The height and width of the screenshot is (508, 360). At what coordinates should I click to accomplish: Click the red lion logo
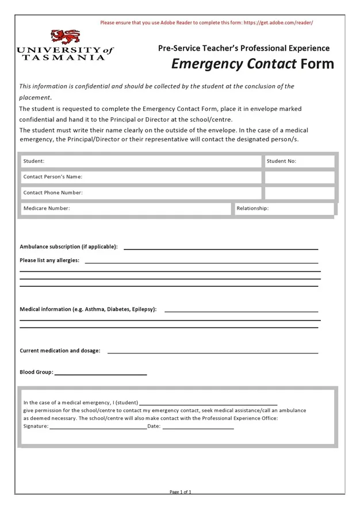coord(65,37)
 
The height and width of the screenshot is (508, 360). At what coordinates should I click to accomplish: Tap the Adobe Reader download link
coord(278,22)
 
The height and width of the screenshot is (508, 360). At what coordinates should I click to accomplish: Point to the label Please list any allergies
coord(49,260)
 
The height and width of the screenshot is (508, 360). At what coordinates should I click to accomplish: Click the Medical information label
coord(88,309)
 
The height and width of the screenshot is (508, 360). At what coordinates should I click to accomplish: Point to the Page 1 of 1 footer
coord(180,492)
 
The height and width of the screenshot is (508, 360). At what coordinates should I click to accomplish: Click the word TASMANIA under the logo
coord(64,57)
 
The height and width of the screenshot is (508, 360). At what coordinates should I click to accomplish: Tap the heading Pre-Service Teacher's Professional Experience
coord(244,48)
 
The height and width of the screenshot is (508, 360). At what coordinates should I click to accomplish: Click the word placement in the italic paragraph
coord(35,97)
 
